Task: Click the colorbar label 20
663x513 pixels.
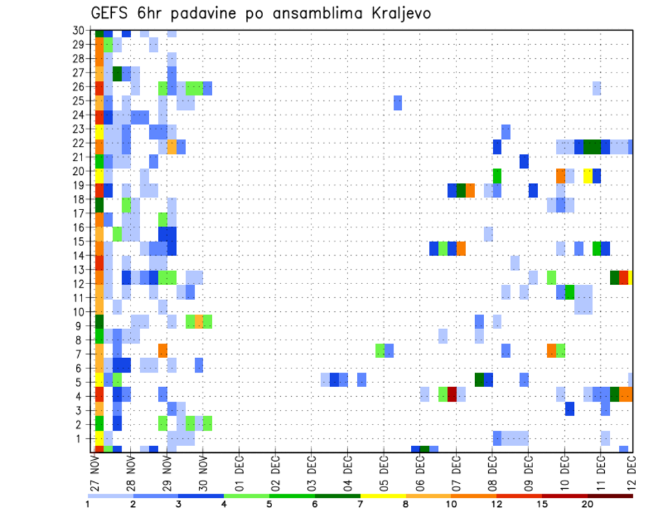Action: pos(588,503)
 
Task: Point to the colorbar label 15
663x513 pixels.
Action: pos(542,503)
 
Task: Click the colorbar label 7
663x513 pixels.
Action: pos(361,503)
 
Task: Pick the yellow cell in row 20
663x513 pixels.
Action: pos(588,176)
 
